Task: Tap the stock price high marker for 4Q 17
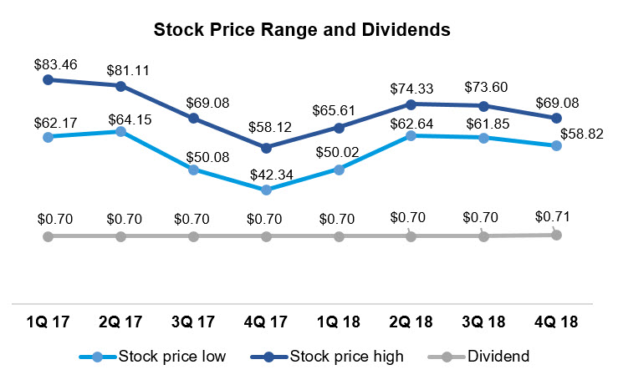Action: coord(266,149)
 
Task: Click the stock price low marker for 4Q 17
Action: coord(266,190)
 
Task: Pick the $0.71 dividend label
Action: coord(555,218)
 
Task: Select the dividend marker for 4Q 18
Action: coord(556,235)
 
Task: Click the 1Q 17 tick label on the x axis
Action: coord(49,322)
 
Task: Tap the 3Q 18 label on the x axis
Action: coord(483,322)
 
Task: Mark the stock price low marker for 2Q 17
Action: coord(121,131)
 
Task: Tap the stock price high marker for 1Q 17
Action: coord(49,79)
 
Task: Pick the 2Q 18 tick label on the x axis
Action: coord(411,322)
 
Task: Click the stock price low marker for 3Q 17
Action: coord(193,170)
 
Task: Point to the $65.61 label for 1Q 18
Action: coord(338,109)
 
